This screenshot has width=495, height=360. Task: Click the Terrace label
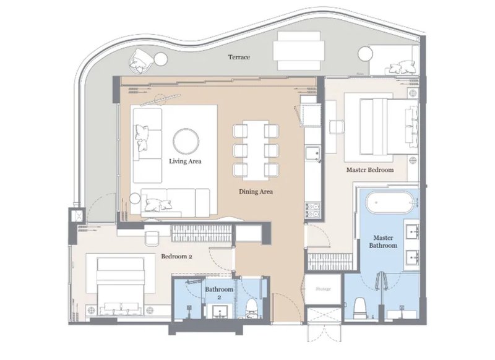point(239,57)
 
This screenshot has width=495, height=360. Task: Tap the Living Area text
point(185,161)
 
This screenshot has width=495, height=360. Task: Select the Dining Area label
point(256,192)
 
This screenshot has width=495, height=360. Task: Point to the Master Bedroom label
point(370,169)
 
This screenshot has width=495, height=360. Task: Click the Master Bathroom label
point(383,242)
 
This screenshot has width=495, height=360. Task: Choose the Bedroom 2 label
point(176,256)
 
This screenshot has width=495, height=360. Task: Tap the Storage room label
point(323,289)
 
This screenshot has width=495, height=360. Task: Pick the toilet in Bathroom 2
point(251,308)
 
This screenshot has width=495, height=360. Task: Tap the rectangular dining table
point(256,150)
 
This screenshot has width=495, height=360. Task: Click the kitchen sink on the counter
point(312,154)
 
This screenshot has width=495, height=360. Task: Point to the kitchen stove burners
point(312,211)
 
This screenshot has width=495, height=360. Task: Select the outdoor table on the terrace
point(299,51)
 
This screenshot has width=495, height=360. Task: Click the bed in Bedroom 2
point(121,286)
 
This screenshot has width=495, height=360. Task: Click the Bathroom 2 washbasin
point(220,311)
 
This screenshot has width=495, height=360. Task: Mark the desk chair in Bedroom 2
point(152,238)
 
